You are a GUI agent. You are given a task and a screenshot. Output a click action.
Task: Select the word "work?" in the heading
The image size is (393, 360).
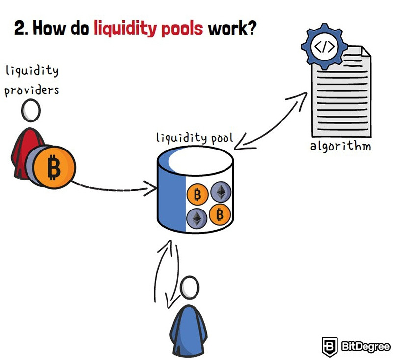click(232, 28)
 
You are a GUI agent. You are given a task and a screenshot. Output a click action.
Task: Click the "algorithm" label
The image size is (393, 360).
click(340, 146)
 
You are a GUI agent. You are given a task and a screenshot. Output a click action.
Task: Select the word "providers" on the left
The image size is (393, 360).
click(32, 90)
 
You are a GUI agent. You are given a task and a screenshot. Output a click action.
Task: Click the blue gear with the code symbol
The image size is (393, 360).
click(325, 46)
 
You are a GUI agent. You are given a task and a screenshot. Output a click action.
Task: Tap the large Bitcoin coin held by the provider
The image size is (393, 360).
click(55, 167)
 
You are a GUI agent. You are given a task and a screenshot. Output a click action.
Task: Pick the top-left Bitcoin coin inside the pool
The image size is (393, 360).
click(197, 194)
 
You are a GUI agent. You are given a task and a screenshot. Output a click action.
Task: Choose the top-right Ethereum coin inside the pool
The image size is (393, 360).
click(221, 192)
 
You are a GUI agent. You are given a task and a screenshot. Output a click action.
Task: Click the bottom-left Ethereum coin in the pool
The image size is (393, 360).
click(197, 218)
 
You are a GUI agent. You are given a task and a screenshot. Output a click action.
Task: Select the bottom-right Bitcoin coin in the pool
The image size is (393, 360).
click(220, 214)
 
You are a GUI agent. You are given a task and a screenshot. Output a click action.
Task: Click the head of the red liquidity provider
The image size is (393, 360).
click(31, 110)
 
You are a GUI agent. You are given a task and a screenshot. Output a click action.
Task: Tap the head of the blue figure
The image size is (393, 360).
click(190, 288)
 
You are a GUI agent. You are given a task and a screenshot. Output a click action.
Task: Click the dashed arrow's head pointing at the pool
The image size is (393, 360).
click(150, 189)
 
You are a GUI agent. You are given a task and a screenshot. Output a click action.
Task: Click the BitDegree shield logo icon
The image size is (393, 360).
click(330, 347)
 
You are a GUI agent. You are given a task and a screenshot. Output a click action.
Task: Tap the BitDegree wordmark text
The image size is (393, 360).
click(365, 347)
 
